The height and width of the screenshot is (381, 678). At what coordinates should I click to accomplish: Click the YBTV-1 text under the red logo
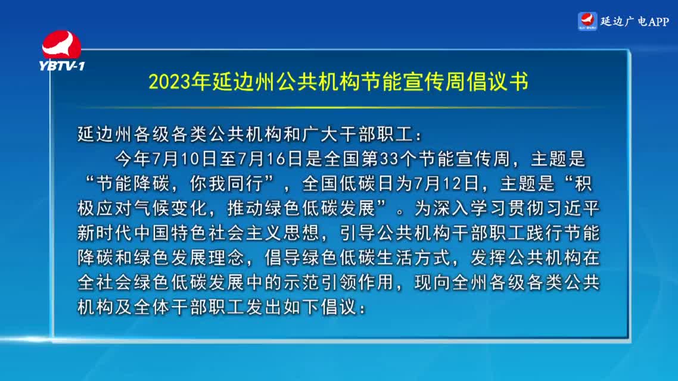62,65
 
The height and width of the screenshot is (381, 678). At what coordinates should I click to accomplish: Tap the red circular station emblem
61,45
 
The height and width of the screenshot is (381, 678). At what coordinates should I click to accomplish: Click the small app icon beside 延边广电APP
587,21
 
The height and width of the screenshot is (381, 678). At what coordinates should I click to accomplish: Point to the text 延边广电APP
635,21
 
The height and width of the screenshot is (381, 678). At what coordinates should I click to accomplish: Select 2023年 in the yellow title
179,81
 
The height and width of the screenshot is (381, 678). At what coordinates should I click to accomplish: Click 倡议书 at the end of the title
497,81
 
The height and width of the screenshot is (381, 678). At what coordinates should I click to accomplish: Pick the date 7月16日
270,159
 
